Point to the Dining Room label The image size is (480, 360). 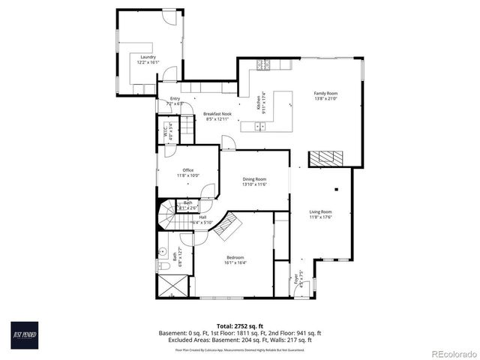[254, 179]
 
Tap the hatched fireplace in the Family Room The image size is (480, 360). [326, 157]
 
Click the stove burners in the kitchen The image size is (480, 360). [263, 66]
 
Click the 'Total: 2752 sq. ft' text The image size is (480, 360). [240, 326]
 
